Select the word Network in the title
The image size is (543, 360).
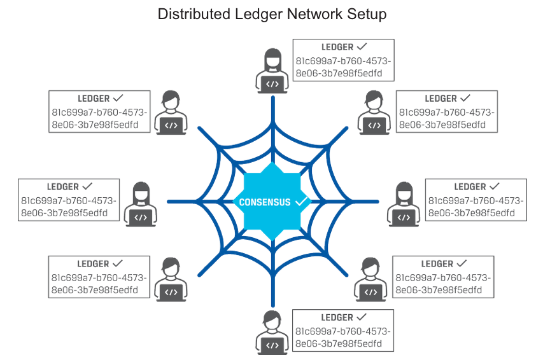pos(312,13)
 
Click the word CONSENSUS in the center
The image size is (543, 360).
pos(265,202)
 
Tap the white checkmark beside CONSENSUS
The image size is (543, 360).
pos(302,202)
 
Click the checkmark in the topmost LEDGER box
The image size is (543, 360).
pos(362,47)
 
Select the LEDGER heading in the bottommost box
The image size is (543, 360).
pos(337,317)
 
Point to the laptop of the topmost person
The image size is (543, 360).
pos(272,83)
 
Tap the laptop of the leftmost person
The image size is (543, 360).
pos(141,218)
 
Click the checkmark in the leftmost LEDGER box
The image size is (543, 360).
pos(88,187)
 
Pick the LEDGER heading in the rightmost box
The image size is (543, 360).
pos(470,187)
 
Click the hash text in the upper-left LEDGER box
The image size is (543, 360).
pos(99,118)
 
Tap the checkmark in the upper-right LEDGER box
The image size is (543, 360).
pos(465,99)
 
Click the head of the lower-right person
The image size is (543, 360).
pos(369,266)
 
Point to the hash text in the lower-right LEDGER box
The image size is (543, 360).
pos(443,284)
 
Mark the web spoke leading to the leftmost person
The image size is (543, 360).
pos(191,202)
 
